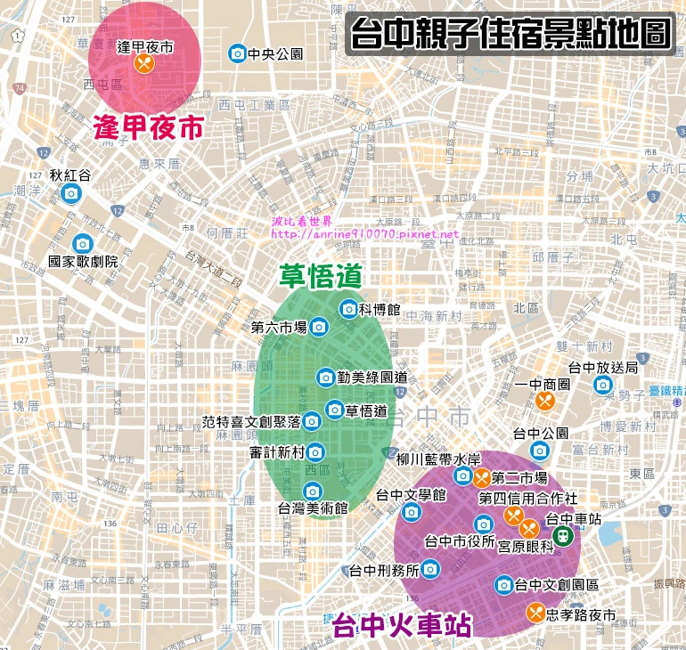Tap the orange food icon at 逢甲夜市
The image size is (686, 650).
pos(144,64)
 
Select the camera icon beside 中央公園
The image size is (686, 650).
pos(237,54)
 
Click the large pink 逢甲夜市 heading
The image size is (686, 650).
pos(149,128)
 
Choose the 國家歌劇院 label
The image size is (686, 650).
pos(83,263)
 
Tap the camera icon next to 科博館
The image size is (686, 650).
pos(348,309)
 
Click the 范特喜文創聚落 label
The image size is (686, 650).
pos(251,421)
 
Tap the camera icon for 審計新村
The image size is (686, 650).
pos(315,452)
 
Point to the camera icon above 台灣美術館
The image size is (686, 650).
pos(312,491)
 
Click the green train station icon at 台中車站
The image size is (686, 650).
pos(563,535)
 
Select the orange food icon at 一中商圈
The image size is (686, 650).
pos(546,402)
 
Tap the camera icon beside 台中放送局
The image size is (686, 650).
pos(603,385)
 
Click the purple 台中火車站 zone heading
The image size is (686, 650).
pos(401,625)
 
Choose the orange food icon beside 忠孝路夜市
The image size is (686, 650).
pos(535,613)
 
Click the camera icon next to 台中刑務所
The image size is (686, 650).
pos(430,568)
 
